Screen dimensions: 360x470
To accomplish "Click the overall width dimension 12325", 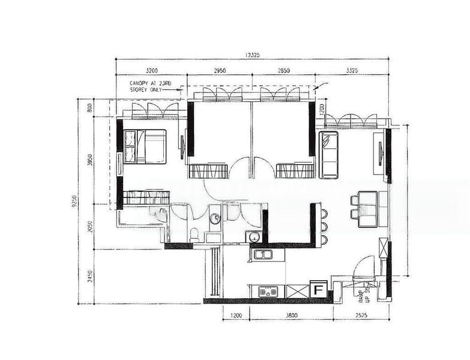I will coord(252,55).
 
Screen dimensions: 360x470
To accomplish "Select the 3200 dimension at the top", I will coord(151,71).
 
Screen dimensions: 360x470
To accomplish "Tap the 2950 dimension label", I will coord(220,71).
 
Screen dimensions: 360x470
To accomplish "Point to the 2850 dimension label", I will coord(283,71).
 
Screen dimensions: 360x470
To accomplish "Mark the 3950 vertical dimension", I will coord(90,161).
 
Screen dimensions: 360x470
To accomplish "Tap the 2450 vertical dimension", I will coord(90,277).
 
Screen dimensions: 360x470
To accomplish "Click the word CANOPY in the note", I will coord(142,83).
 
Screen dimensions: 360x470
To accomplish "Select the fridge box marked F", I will coord(319,290).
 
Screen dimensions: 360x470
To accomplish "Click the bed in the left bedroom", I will coord(146,146).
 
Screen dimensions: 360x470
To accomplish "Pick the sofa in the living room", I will coord(328,155).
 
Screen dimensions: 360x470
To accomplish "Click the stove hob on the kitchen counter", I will coord(268,292).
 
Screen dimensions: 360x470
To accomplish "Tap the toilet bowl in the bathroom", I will coord(194,235).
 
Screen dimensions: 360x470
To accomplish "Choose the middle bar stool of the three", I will coord(325,226).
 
